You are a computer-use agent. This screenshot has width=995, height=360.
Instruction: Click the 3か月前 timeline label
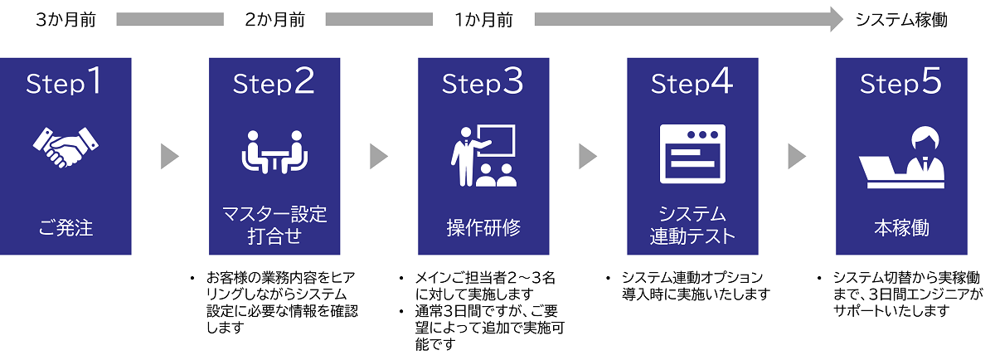[66, 20]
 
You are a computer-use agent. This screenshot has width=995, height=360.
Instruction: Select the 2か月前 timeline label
[275, 20]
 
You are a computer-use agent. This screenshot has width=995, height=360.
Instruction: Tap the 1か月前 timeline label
[483, 20]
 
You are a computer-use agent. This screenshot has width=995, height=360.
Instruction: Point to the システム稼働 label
[900, 20]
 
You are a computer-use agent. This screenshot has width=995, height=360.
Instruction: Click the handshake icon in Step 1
[66, 148]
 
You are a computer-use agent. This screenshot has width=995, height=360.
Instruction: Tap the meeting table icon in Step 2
[275, 152]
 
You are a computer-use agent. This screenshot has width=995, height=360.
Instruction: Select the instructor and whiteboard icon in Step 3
[483, 155]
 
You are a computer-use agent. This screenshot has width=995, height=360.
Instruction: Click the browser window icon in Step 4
[692, 153]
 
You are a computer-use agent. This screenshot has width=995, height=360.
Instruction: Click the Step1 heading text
[66, 83]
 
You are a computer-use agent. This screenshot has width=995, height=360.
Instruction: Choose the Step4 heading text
[692, 83]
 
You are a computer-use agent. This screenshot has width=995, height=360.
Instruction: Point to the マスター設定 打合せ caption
[275, 226]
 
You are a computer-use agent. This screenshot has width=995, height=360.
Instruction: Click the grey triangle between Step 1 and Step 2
[169, 156]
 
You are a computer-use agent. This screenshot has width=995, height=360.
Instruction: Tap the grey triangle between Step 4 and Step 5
[796, 156]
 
